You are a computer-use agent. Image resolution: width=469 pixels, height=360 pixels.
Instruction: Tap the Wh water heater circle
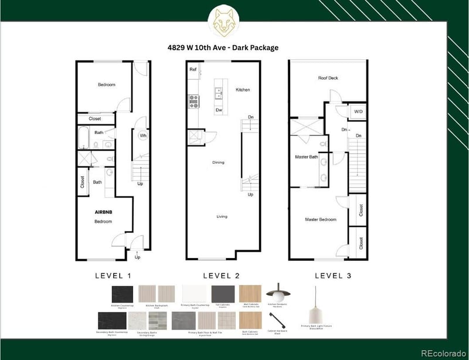click(142, 135)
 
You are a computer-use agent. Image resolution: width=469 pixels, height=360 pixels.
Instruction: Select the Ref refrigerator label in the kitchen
click(192, 69)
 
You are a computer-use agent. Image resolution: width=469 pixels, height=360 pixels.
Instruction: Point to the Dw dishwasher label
click(218, 110)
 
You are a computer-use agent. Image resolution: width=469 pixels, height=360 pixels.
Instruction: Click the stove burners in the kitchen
click(193, 102)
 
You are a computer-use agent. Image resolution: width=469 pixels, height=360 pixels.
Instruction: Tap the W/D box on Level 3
click(357, 111)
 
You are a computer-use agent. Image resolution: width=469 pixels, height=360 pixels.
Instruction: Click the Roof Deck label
click(328, 78)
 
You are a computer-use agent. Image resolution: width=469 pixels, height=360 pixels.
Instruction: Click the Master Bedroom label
click(320, 219)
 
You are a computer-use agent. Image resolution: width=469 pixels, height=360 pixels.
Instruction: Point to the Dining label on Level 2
click(218, 162)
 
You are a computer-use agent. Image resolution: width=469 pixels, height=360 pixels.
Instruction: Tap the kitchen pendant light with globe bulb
click(274, 292)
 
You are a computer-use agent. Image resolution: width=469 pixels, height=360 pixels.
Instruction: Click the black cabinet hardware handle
click(276, 321)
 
